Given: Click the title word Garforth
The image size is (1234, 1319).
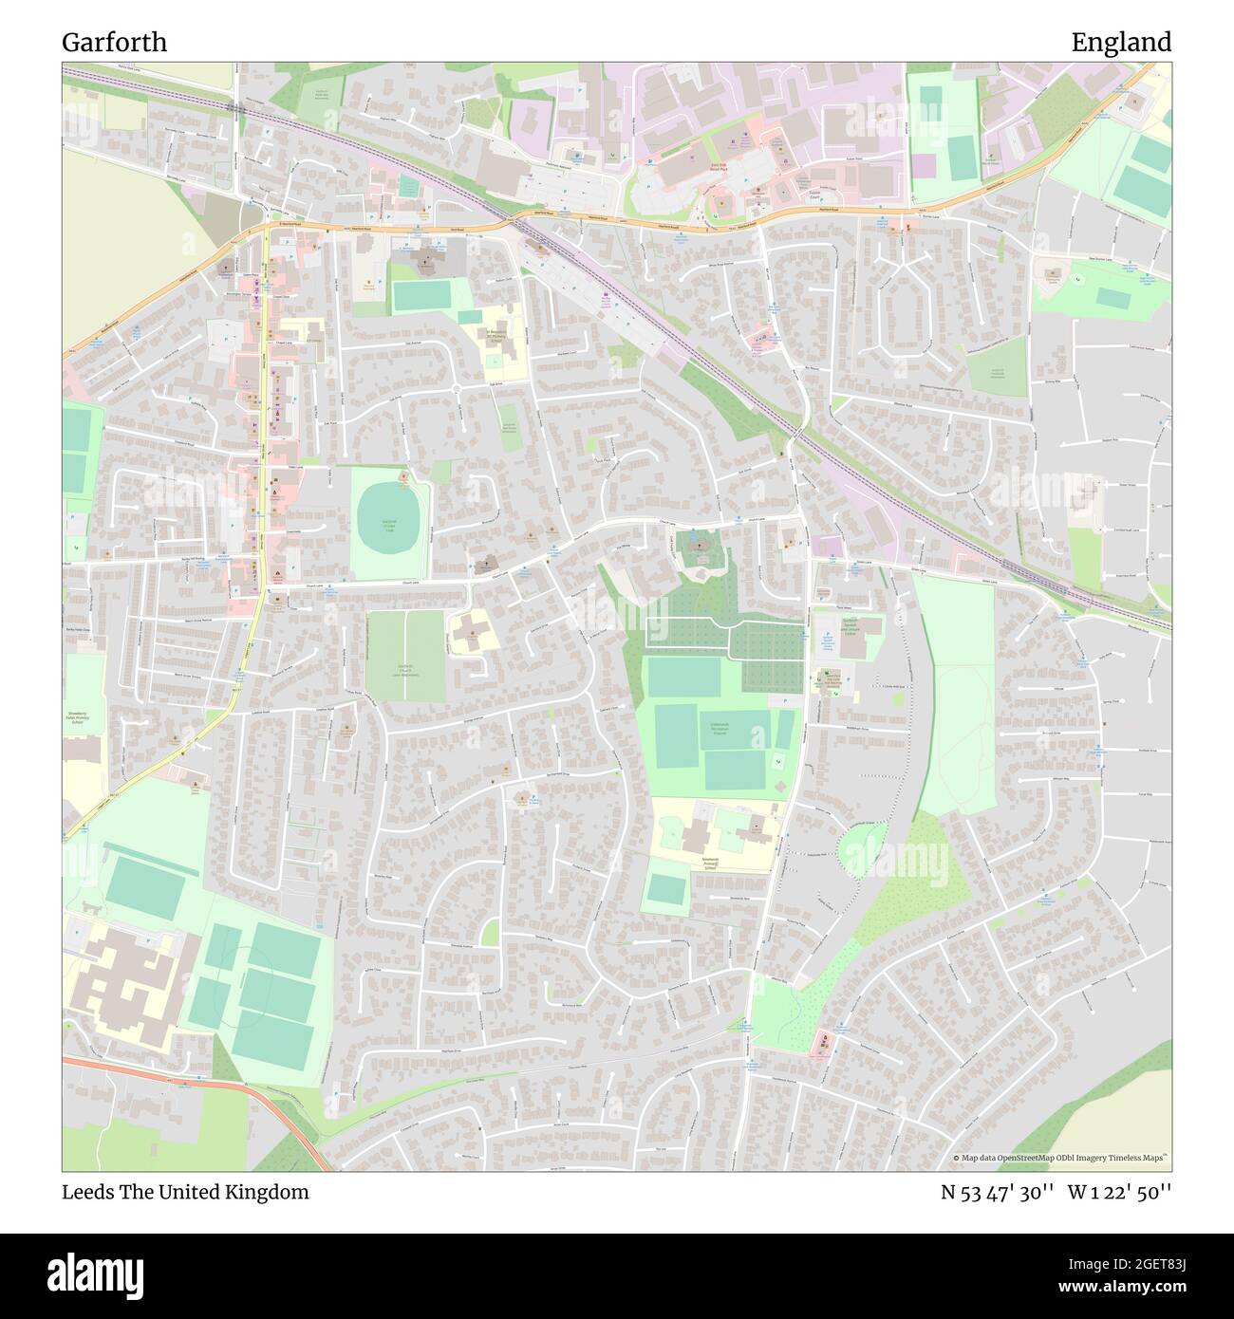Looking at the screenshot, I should point(114,43).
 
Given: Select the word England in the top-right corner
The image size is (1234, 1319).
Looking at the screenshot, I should point(1121,43).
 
